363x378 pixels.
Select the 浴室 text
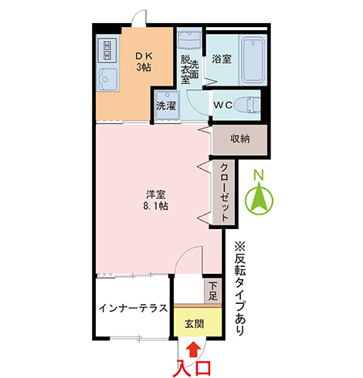click(222, 59)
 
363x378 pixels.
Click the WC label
click(223, 104)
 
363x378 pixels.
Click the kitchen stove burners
click(107, 51)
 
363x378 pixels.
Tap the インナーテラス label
click(133, 308)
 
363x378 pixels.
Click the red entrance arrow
click(192, 348)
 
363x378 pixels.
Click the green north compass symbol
click(260, 201)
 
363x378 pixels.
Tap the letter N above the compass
click(260, 175)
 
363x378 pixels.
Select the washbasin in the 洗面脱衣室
click(189, 39)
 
